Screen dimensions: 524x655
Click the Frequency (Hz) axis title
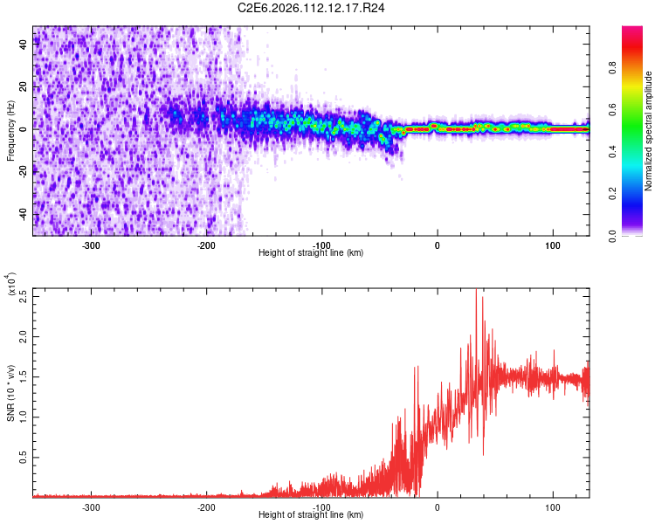(10, 129)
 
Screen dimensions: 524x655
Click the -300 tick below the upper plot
(92, 245)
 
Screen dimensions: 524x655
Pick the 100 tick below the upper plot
(552, 245)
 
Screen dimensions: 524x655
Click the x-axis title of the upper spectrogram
(311, 253)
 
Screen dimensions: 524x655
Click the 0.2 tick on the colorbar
(637, 194)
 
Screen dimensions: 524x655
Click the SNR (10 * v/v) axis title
(10, 392)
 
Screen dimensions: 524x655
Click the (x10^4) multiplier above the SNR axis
(10, 285)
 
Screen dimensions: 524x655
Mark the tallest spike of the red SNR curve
(476, 293)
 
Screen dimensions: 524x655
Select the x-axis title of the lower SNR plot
(311, 515)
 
